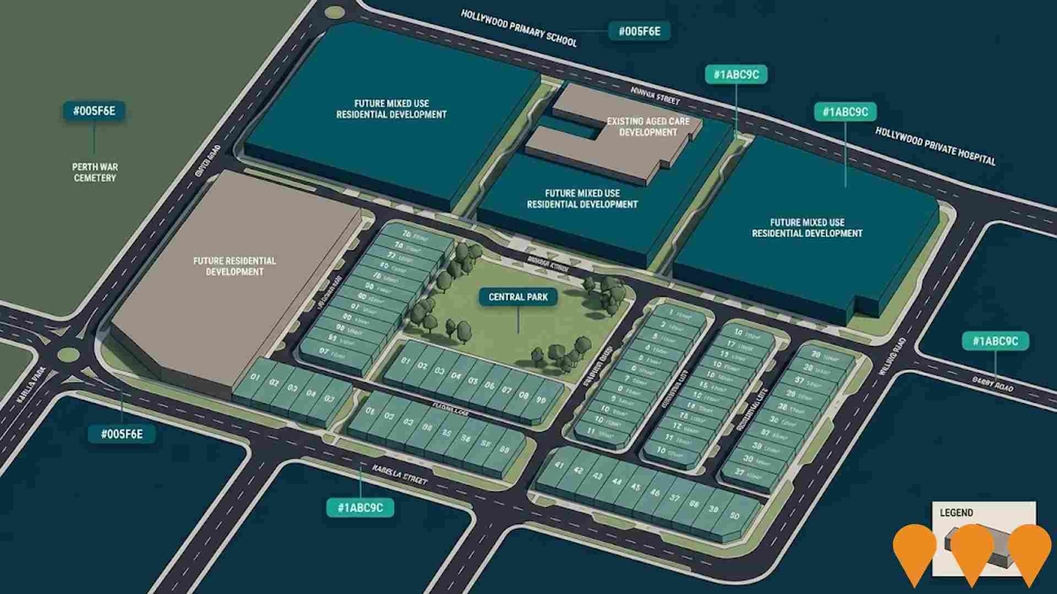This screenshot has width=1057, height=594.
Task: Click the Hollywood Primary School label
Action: coord(518,28)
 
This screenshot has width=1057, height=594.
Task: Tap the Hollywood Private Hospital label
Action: coord(935,146)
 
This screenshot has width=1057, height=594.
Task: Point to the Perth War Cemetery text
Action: coord(95,172)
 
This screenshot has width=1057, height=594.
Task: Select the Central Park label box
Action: coord(518,297)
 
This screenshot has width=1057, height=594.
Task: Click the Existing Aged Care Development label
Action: coord(648,127)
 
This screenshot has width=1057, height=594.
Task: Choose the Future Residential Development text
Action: coord(235,266)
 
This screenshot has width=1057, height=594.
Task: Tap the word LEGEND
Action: coord(956,513)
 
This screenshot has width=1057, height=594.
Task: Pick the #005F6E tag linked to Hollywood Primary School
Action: coord(639,31)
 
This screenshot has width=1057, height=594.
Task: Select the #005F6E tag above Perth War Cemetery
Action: coord(94,111)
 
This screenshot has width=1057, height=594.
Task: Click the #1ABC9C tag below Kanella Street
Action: coord(360,507)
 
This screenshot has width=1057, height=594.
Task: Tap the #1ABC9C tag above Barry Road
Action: coord(995,341)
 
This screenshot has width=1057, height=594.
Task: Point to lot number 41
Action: coord(559,465)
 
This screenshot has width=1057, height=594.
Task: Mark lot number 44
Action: coord(617,482)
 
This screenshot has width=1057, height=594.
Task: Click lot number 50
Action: coord(734,516)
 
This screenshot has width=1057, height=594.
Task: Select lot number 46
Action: coord(655,493)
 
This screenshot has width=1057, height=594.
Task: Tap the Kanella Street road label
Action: coord(400,474)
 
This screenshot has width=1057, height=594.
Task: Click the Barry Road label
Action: coord(992,383)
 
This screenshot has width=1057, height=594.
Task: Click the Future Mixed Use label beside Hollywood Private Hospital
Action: coord(807,228)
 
